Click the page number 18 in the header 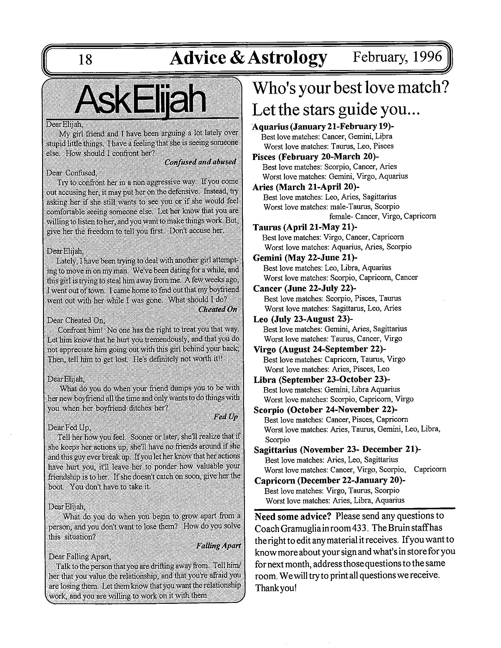coord(85,59)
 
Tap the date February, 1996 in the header coord(397,56)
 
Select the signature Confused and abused coord(200,162)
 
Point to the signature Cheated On coord(217,310)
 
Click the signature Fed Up coord(225,417)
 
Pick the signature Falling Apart coord(218,545)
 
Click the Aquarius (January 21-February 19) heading coord(323,127)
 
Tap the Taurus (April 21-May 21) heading coord(305,227)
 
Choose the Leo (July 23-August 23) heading coord(303,319)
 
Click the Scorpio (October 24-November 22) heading coord(325,410)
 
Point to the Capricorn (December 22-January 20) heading coord(329,480)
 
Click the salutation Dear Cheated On coord(76,320)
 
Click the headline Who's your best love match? coord(350,88)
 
